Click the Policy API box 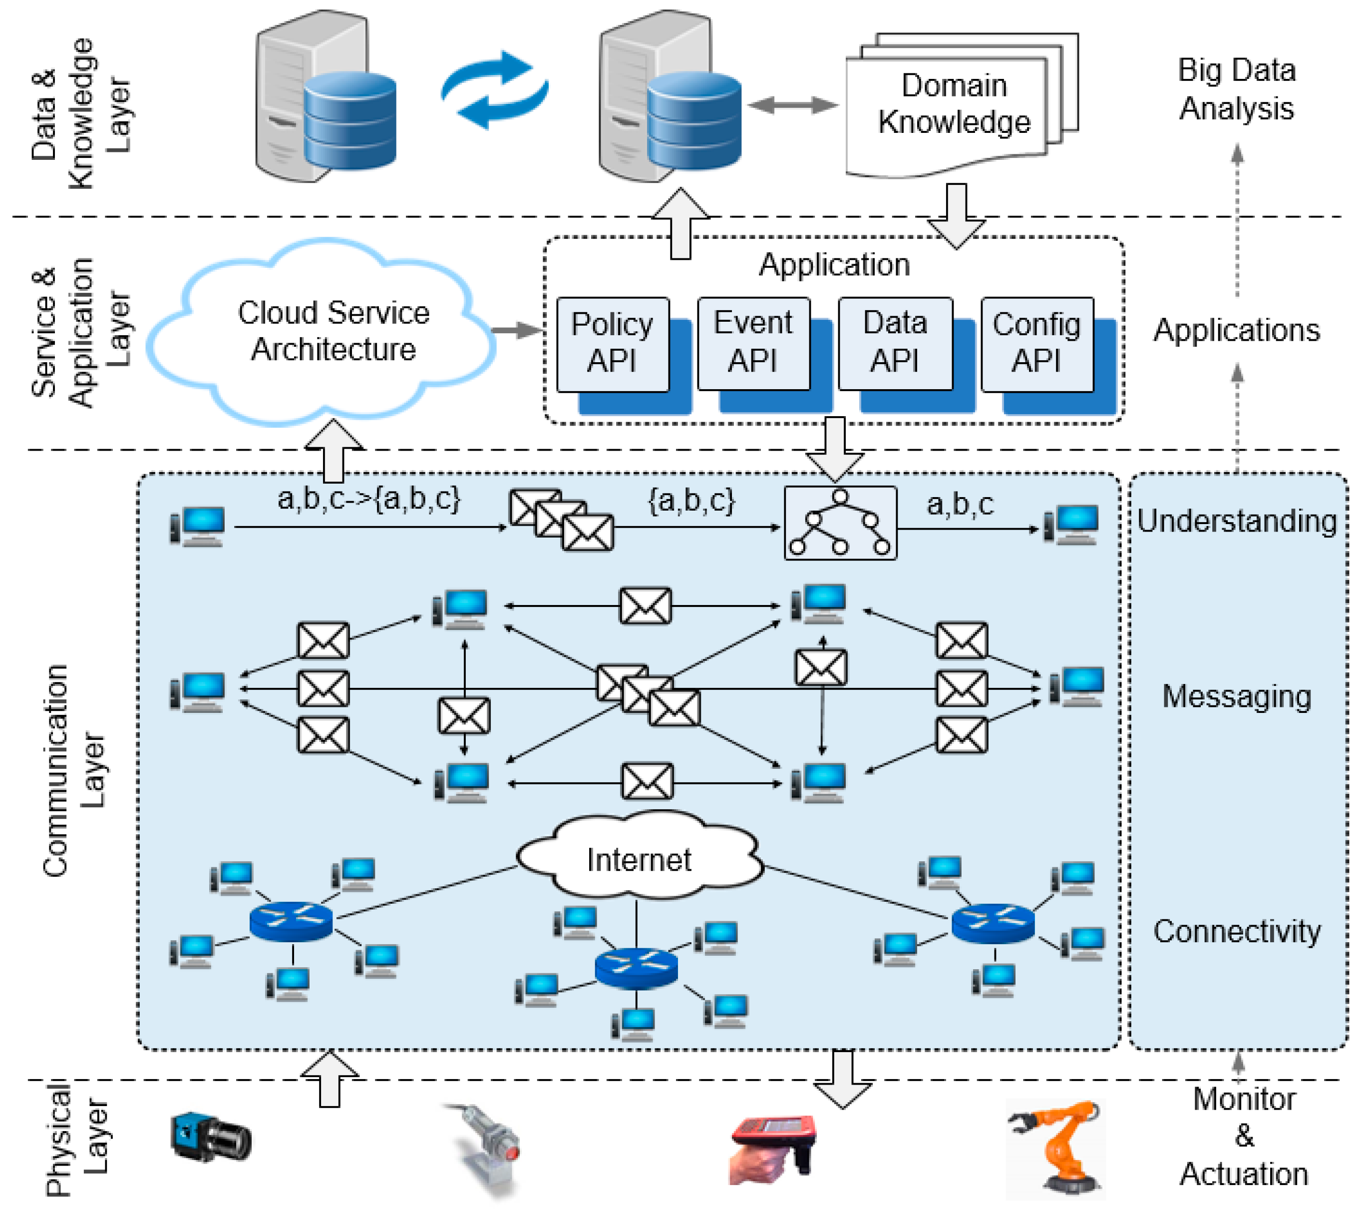[x=613, y=344]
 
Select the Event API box [x=753, y=342]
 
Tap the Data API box [x=895, y=342]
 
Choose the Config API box [x=1036, y=344]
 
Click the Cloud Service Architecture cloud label [x=334, y=331]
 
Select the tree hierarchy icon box [x=840, y=522]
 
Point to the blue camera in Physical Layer [x=210, y=1137]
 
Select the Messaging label [x=1237, y=696]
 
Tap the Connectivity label [x=1237, y=931]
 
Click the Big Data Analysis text [x=1237, y=89]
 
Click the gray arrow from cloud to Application [x=516, y=330]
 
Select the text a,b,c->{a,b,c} [x=368, y=498]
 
